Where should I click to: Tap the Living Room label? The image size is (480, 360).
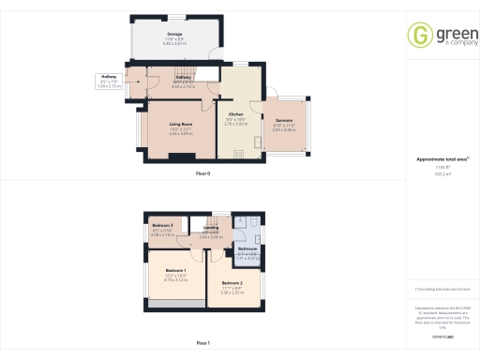(x=181, y=124)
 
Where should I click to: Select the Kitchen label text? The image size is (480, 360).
(x=236, y=113)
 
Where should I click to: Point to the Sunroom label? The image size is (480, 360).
(x=283, y=120)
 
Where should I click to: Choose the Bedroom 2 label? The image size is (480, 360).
(x=232, y=281)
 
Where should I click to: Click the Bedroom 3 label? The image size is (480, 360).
(x=162, y=226)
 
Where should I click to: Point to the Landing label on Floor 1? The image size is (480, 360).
(x=211, y=227)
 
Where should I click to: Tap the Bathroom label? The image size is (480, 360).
(x=247, y=248)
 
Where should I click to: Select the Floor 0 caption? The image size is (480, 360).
(x=202, y=174)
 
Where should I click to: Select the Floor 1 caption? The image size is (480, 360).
(x=202, y=344)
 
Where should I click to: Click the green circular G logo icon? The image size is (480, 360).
(x=420, y=35)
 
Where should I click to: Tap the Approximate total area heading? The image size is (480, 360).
(x=437, y=159)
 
